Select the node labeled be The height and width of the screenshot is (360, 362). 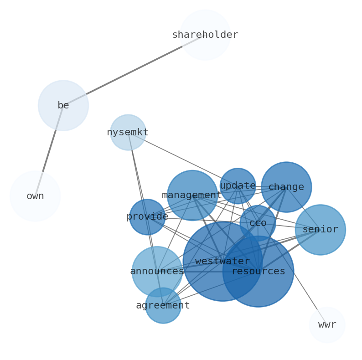(x=63, y=105)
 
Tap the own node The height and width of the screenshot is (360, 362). (x=35, y=196)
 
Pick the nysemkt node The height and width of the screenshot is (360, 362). (x=128, y=132)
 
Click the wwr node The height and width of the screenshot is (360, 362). (x=327, y=325)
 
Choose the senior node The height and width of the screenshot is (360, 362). (x=321, y=230)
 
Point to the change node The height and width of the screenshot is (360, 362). (x=286, y=187)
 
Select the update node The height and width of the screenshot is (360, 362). (x=238, y=186)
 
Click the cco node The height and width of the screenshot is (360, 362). (x=258, y=223)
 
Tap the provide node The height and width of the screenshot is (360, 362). (x=147, y=217)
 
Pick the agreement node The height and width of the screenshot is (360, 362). (x=163, y=305)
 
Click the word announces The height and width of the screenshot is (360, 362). (x=157, y=272)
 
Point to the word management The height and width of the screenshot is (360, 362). (x=192, y=195)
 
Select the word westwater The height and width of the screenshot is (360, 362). (x=222, y=262)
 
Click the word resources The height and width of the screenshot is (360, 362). (x=259, y=272)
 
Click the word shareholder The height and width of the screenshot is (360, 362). (x=205, y=35)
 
